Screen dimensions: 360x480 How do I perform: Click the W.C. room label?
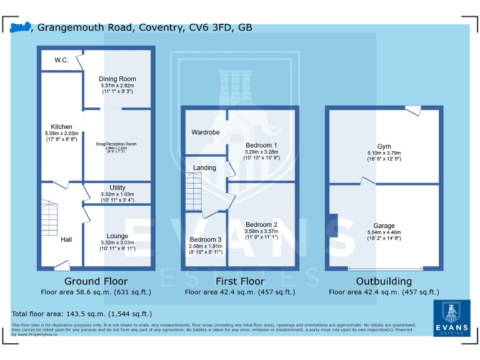[x=61, y=61]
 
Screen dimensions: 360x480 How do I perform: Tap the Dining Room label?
[x=117, y=79]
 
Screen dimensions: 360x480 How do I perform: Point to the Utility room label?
[x=117, y=187]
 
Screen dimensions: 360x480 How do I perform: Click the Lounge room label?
[x=117, y=236]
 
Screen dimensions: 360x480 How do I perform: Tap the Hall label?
[x=67, y=239]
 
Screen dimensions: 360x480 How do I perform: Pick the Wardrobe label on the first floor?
[x=205, y=132]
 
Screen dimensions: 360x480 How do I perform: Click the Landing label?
[x=204, y=167]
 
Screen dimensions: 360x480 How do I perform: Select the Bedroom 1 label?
[x=261, y=145]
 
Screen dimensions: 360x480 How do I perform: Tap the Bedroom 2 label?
[x=261, y=225]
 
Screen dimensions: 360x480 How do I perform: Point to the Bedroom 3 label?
[x=206, y=240]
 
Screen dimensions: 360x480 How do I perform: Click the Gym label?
[x=384, y=147]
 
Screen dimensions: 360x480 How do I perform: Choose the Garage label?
[x=384, y=226]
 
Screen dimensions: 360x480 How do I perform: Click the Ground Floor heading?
[x=96, y=281]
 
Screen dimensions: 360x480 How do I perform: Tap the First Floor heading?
[x=239, y=281]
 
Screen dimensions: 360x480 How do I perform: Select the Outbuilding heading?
[x=384, y=281]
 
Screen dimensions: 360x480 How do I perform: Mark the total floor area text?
[x=82, y=314]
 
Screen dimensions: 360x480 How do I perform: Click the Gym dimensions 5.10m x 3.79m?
[x=384, y=154]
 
